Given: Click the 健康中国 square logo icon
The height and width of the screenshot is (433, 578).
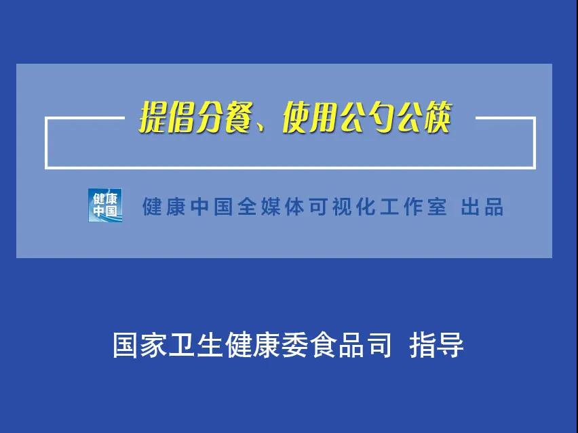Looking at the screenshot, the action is coord(105,205).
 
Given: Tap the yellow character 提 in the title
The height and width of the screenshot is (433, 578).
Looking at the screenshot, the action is coord(153,118).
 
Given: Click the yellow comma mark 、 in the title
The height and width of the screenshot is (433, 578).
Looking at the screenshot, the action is coord(260,126).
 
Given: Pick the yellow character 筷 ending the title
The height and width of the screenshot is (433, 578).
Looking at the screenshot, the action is coord(438,118).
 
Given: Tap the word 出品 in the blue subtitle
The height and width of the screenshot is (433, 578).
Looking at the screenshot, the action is coord(482,207).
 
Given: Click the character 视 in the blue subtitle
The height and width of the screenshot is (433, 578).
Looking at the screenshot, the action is coord(342,207).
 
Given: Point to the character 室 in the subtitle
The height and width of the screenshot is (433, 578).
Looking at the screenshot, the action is coord(437,207).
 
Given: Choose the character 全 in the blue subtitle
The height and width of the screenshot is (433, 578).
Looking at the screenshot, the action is coord(247,207).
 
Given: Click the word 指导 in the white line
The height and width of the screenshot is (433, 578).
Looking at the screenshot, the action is coord(436,345).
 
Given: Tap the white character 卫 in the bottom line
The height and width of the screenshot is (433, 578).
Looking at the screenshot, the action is coord(182,345).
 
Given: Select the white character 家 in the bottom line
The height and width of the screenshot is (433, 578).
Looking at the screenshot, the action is coord(154,345).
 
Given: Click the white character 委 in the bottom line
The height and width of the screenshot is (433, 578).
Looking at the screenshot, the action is coord(294,345).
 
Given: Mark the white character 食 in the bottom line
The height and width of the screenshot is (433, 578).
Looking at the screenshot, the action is coord(322,345).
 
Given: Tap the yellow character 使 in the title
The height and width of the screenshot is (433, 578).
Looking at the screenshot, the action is coord(296,118).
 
